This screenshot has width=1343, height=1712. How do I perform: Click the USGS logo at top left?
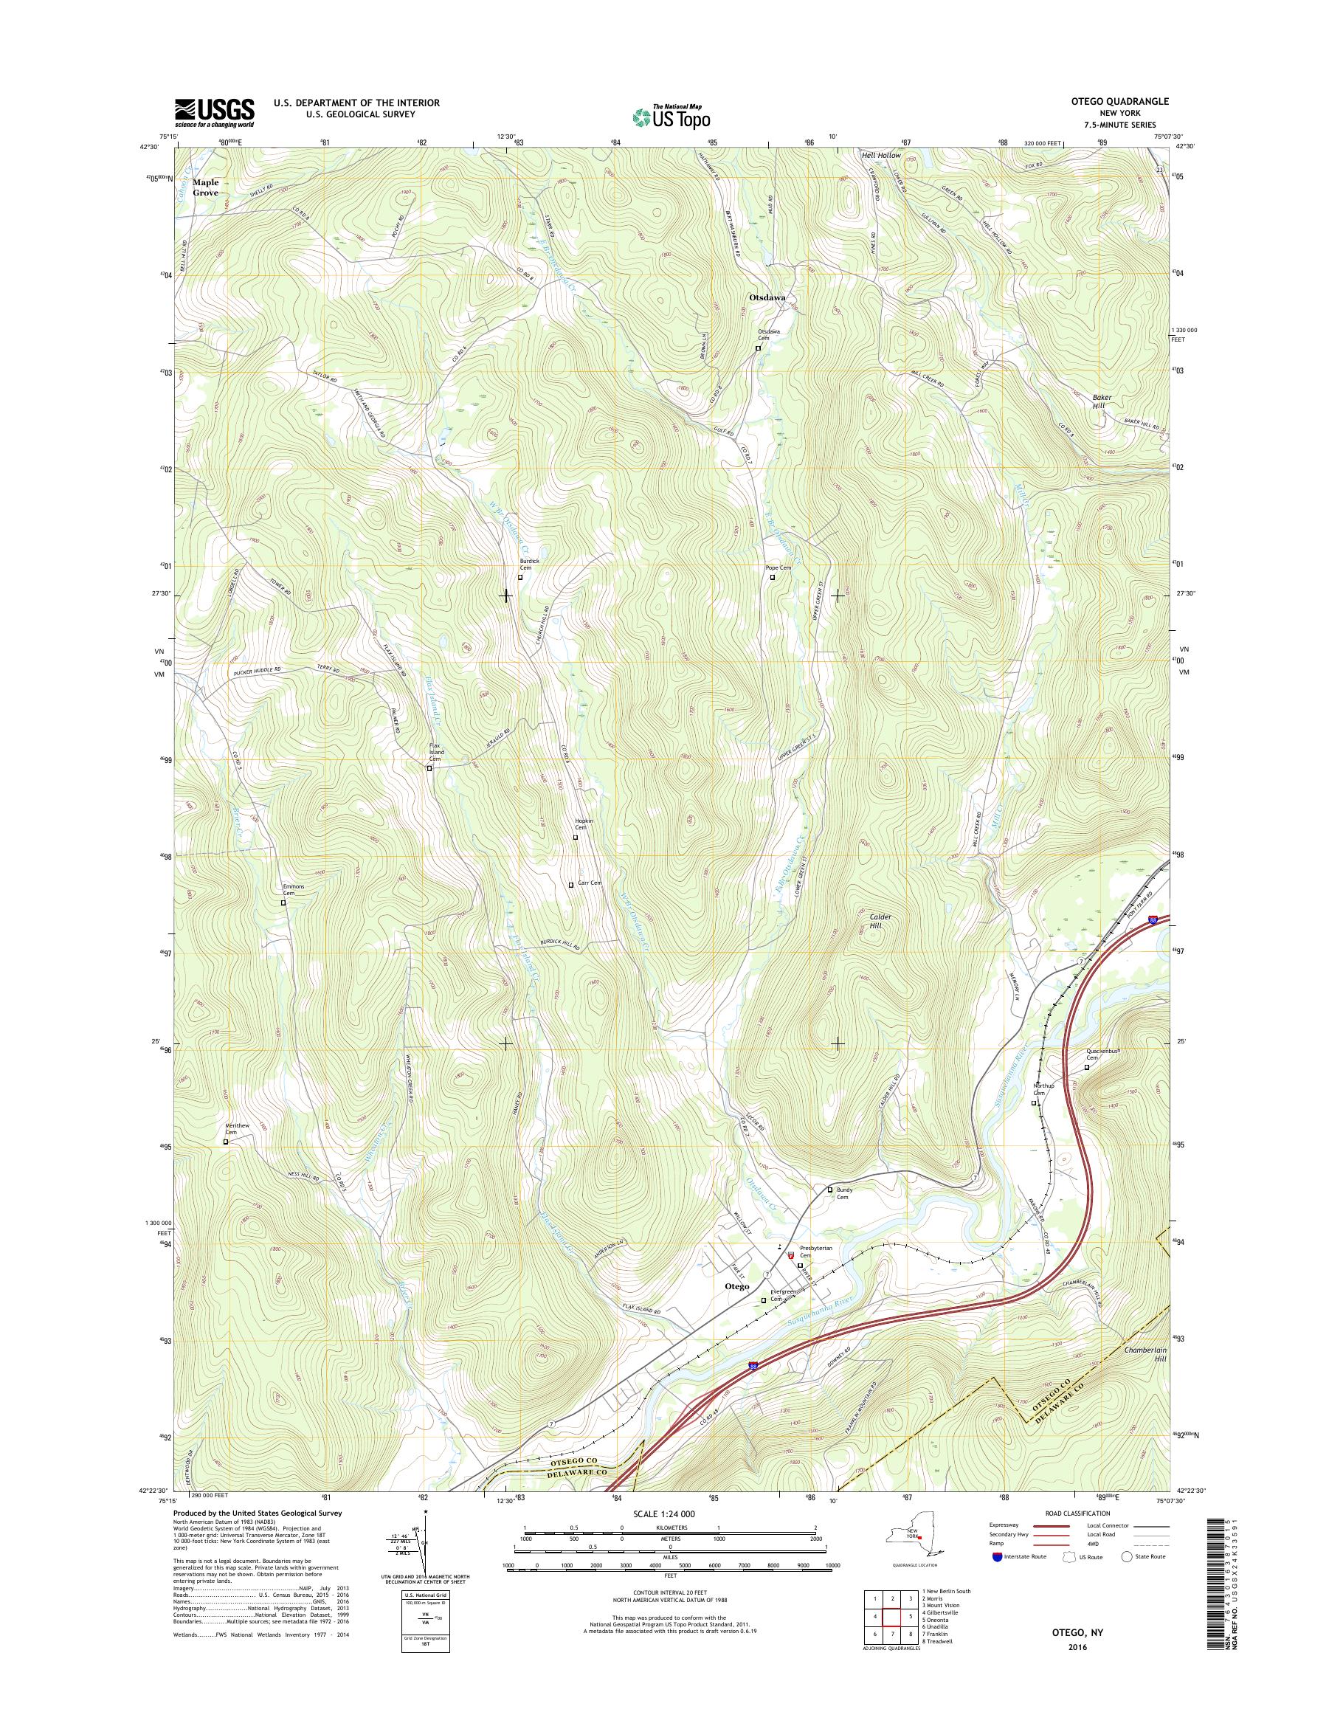pyautogui.click(x=214, y=111)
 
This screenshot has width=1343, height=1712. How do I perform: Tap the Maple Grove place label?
pyautogui.click(x=206, y=187)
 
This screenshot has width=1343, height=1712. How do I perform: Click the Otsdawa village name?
pyautogui.click(x=767, y=298)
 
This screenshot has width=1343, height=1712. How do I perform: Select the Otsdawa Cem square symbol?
pyautogui.click(x=759, y=348)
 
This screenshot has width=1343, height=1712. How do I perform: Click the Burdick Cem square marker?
pyautogui.click(x=520, y=577)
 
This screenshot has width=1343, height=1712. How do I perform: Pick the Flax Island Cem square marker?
pyautogui.click(x=429, y=768)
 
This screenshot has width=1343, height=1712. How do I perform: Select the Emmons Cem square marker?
pyautogui.click(x=284, y=902)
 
